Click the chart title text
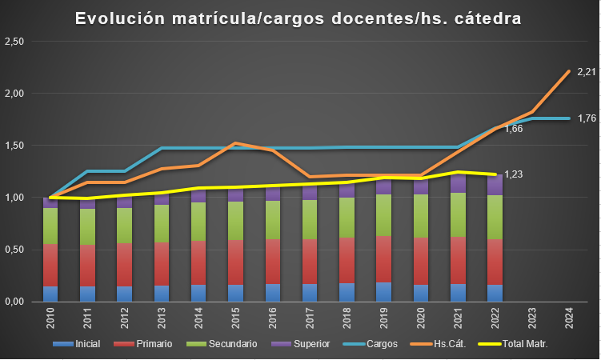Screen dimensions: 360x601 pyautogui.click(x=298, y=18)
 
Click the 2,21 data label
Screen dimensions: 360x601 pyautogui.click(x=587, y=72)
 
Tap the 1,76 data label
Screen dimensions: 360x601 pyautogui.click(x=587, y=119)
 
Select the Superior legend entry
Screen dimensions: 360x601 pyautogui.click(x=307, y=343)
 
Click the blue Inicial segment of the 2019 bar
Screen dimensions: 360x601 pyautogui.click(x=384, y=292)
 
